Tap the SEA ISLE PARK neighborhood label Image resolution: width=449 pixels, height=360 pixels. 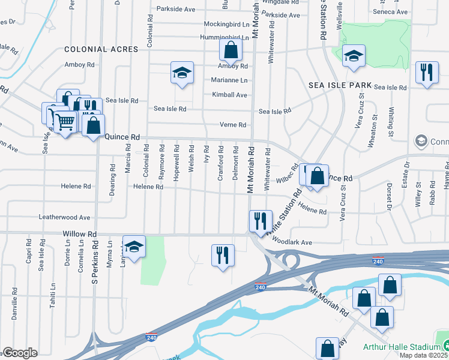tap(340, 86)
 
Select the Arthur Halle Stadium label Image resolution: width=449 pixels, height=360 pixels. tap(402, 347)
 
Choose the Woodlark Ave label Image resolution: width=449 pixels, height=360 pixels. tap(292, 242)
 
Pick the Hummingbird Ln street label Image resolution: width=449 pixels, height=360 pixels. tap(225, 37)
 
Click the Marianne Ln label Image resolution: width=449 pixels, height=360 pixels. tap(229, 80)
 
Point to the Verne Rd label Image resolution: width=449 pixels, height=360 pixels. tap(234, 125)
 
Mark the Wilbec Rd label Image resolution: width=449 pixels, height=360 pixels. tap(286, 174)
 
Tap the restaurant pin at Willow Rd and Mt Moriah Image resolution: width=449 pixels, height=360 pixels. tap(261, 221)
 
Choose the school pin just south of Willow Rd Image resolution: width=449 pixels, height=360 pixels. tap(134, 246)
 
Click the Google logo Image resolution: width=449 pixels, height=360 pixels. tap(20, 353)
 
